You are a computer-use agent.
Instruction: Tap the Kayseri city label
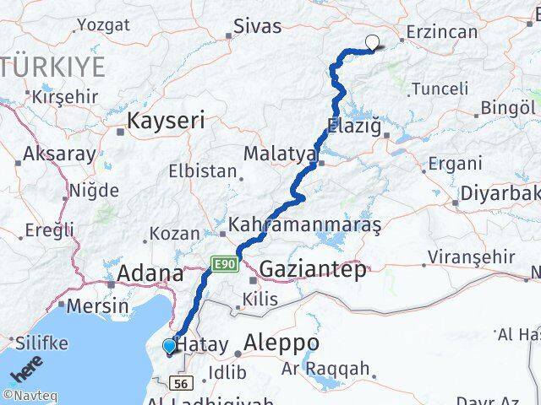point(166,121)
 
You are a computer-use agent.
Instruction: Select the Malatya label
point(280,154)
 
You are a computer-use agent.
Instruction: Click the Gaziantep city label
point(314,269)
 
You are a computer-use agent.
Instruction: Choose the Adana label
point(150,274)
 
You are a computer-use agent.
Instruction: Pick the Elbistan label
point(203,170)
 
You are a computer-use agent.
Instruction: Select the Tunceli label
point(440,89)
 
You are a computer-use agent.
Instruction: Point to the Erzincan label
point(441,32)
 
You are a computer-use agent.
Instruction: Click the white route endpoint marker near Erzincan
point(372,41)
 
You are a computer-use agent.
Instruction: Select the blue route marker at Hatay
point(169,345)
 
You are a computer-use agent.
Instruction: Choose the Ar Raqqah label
point(326,368)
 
